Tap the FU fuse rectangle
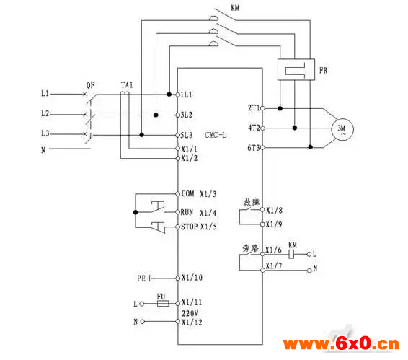pyautogui.click(x=163, y=304)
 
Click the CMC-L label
pyautogui.click(x=216, y=135)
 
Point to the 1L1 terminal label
pyautogui.click(x=187, y=95)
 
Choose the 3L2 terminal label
pyautogui.click(x=187, y=115)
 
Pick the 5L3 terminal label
pyautogui.click(x=187, y=135)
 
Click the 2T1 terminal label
pyautogui.click(x=254, y=107)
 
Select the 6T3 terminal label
pyautogui.click(x=254, y=148)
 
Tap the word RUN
pyautogui.click(x=187, y=212)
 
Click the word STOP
pyautogui.click(x=190, y=227)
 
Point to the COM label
pyautogui.click(x=188, y=193)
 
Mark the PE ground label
pyautogui.click(x=141, y=278)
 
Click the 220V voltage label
pyautogui.click(x=190, y=313)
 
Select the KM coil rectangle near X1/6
pyautogui.click(x=292, y=254)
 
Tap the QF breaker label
pyautogui.click(x=90, y=85)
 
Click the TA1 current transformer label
pyautogui.click(x=127, y=85)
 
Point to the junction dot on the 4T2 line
pyautogui.click(x=295, y=128)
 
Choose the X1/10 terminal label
pyautogui.click(x=192, y=278)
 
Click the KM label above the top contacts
pyautogui.click(x=235, y=8)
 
